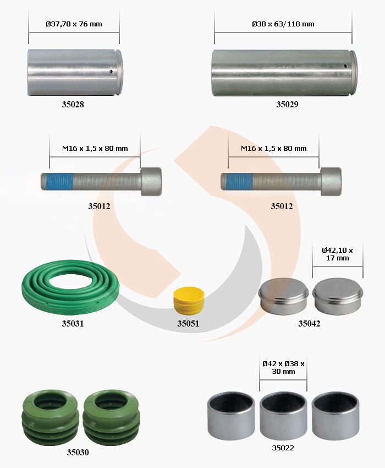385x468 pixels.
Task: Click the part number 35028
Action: pos(73,105)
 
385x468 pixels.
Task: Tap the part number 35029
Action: pos(287,105)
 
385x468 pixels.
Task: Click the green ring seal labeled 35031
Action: pos(70,287)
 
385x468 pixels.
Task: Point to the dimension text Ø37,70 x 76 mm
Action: pos(74,24)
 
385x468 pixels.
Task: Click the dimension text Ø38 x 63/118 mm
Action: pos(283,24)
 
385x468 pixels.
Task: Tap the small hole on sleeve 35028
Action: pos(111,72)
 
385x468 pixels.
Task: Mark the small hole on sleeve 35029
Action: pos(345,66)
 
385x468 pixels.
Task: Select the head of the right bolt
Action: pos(331,182)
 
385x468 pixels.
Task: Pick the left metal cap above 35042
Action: pos(283,296)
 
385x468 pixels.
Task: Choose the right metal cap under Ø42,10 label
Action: pos(338,296)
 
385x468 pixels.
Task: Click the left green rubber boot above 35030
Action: pos(50,417)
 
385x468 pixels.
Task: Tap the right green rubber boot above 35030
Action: pos(112,417)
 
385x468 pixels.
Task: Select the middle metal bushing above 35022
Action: pos(283,416)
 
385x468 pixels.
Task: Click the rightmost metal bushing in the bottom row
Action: pos(335,416)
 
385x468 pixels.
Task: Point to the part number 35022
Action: pos(283,448)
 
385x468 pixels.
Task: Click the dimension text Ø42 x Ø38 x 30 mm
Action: pos(283,367)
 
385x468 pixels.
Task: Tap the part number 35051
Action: pos(188,324)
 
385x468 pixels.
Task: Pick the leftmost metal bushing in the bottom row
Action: pos(231,416)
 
